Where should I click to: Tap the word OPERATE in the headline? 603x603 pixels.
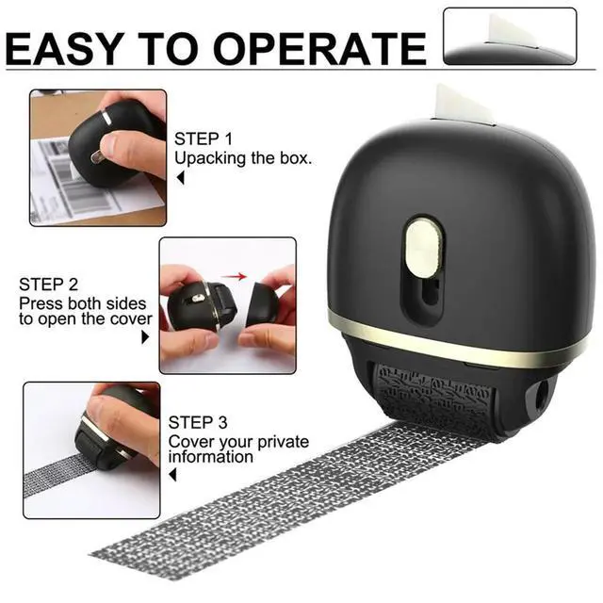pos(320,48)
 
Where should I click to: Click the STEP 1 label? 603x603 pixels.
pos(204,139)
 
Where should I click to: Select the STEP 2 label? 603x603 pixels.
pos(48,285)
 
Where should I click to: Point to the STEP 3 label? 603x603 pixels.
pos(198,422)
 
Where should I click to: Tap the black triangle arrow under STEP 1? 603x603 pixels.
pos(180,178)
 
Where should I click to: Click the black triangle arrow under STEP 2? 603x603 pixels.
pos(145,337)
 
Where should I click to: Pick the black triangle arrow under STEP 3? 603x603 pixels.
pos(172,474)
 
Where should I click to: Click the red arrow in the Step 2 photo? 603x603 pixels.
pos(234,276)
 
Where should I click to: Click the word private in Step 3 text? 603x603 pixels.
pos(283,442)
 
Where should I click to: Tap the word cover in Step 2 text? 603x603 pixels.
pos(131,318)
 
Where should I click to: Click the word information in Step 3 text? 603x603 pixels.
pos(210,457)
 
